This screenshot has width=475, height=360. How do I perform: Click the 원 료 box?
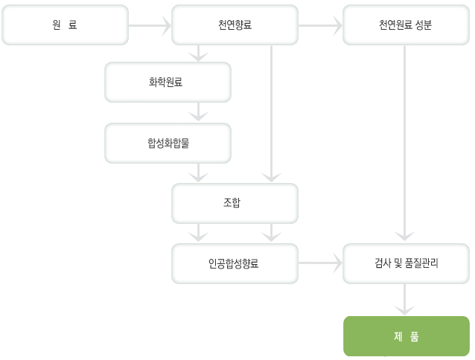(x=65, y=25)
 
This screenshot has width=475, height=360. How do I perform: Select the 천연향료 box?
(x=235, y=25)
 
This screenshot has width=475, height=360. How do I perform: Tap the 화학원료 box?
(x=168, y=83)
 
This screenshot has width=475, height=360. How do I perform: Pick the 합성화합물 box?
(x=168, y=143)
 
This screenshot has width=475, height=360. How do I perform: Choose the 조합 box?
(x=235, y=203)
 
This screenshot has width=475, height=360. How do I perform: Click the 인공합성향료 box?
(x=235, y=263)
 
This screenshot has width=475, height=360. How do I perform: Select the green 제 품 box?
(x=407, y=336)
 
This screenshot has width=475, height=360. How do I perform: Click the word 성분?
(x=424, y=25)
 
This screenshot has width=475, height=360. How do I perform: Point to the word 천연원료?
(x=395, y=25)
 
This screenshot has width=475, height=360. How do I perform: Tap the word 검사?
(x=383, y=263)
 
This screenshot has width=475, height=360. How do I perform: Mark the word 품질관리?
(x=421, y=263)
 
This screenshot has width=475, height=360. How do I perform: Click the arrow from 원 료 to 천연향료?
(x=150, y=25)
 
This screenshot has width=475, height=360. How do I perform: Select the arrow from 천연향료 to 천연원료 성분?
(x=320, y=25)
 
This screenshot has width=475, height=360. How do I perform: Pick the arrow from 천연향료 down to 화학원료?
(x=198, y=54)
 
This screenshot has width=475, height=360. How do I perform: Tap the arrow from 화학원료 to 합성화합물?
(x=198, y=112)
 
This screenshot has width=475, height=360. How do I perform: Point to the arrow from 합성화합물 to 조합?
(x=198, y=173)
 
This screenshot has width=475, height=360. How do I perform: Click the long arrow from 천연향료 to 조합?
(x=271, y=114)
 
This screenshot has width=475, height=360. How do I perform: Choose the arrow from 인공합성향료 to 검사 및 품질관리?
(x=320, y=263)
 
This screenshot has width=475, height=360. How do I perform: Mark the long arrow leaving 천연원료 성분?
(x=404, y=144)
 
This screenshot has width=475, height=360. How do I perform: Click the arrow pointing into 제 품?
(x=404, y=300)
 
